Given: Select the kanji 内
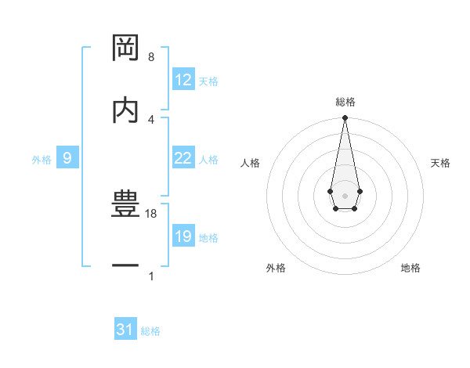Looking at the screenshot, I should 126,110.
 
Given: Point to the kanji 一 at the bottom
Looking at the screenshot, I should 126,266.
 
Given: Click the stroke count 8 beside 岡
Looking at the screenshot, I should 151,57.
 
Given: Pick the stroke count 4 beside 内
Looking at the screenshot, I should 151,119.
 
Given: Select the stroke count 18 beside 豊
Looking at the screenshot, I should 152,213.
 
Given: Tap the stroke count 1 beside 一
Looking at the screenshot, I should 151,276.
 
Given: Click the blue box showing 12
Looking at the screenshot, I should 183,80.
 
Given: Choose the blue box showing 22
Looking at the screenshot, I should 183,158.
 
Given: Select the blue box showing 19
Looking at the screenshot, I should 183,236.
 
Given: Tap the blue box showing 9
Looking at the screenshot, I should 67,158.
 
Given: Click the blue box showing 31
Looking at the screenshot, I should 125,330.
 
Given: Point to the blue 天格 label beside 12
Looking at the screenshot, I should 208,81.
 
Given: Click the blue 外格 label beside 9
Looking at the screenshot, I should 42,160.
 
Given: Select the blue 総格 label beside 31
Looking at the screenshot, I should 150,331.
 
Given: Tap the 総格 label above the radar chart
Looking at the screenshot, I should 345,102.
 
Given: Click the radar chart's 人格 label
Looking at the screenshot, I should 251,163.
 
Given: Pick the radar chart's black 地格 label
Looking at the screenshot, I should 410,268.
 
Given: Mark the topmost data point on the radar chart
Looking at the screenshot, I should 345,118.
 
